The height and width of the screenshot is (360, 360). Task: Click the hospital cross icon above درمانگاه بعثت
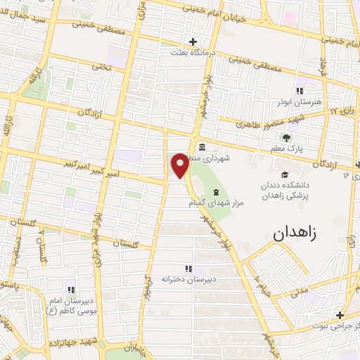pyautogui.click(x=193, y=41)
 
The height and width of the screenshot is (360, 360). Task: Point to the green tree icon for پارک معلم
pyautogui.click(x=285, y=138)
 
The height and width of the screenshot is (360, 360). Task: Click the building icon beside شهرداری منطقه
pyautogui.click(x=202, y=147)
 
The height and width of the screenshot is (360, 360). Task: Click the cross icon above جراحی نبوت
pyautogui.click(x=340, y=316)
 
